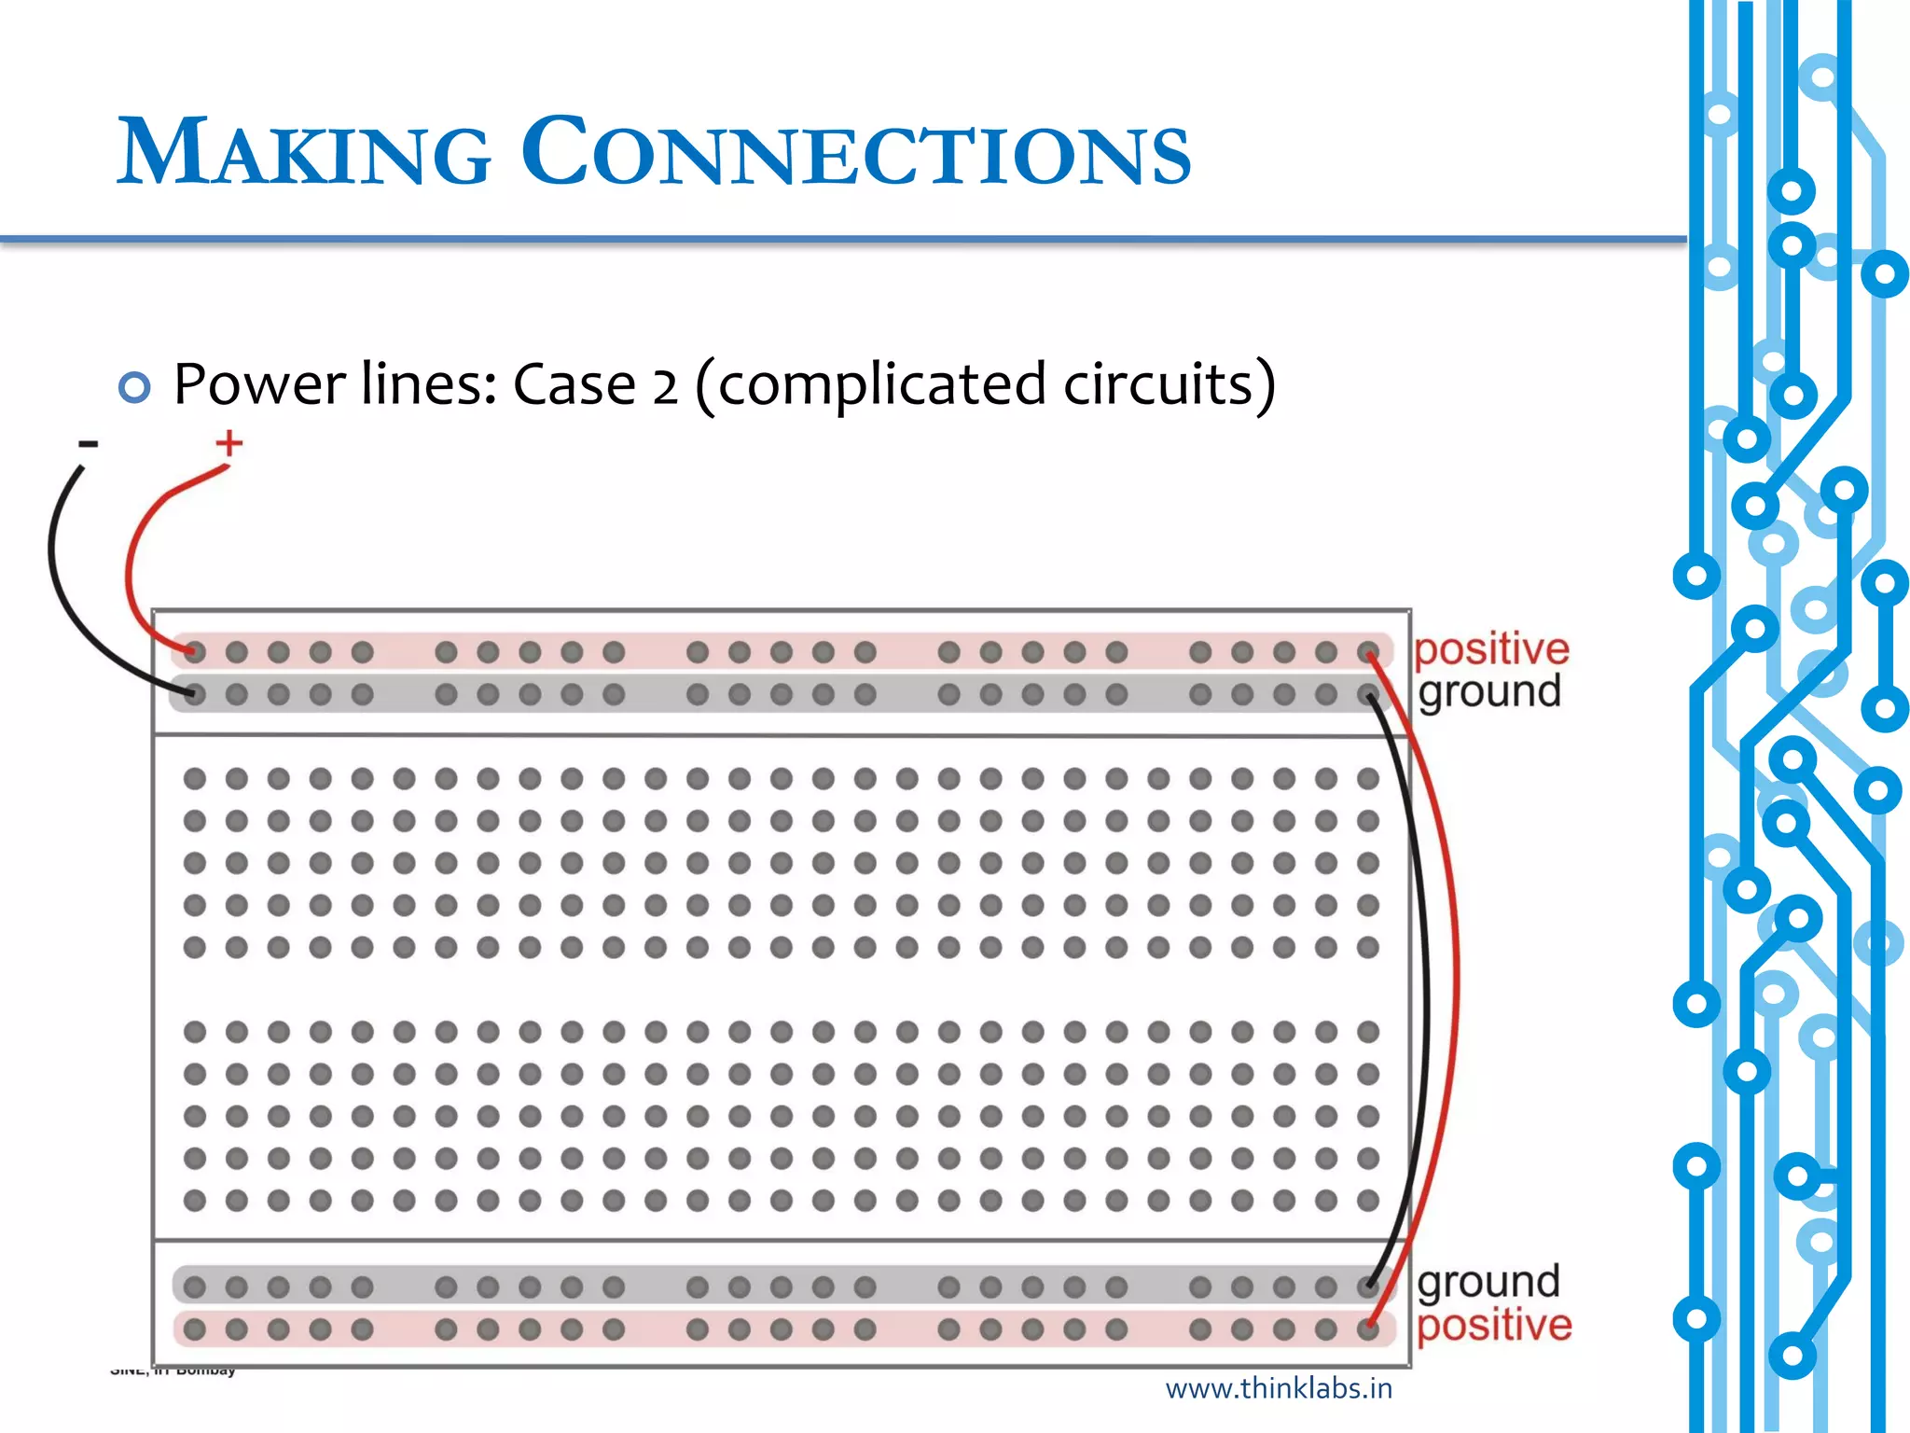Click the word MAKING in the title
point(304,152)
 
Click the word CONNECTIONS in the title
point(855,152)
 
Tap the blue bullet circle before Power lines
point(134,386)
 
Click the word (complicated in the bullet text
point(870,384)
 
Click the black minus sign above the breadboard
point(88,444)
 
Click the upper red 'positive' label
point(1491,649)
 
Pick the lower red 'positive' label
point(1494,1326)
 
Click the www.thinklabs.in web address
point(1279,1389)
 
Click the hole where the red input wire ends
point(194,651)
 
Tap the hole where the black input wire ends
point(194,694)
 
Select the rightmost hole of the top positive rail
point(1368,651)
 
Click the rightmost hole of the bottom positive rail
point(1368,1329)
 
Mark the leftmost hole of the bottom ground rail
point(194,1287)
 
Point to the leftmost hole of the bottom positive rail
point(194,1329)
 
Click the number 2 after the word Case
point(664,386)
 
